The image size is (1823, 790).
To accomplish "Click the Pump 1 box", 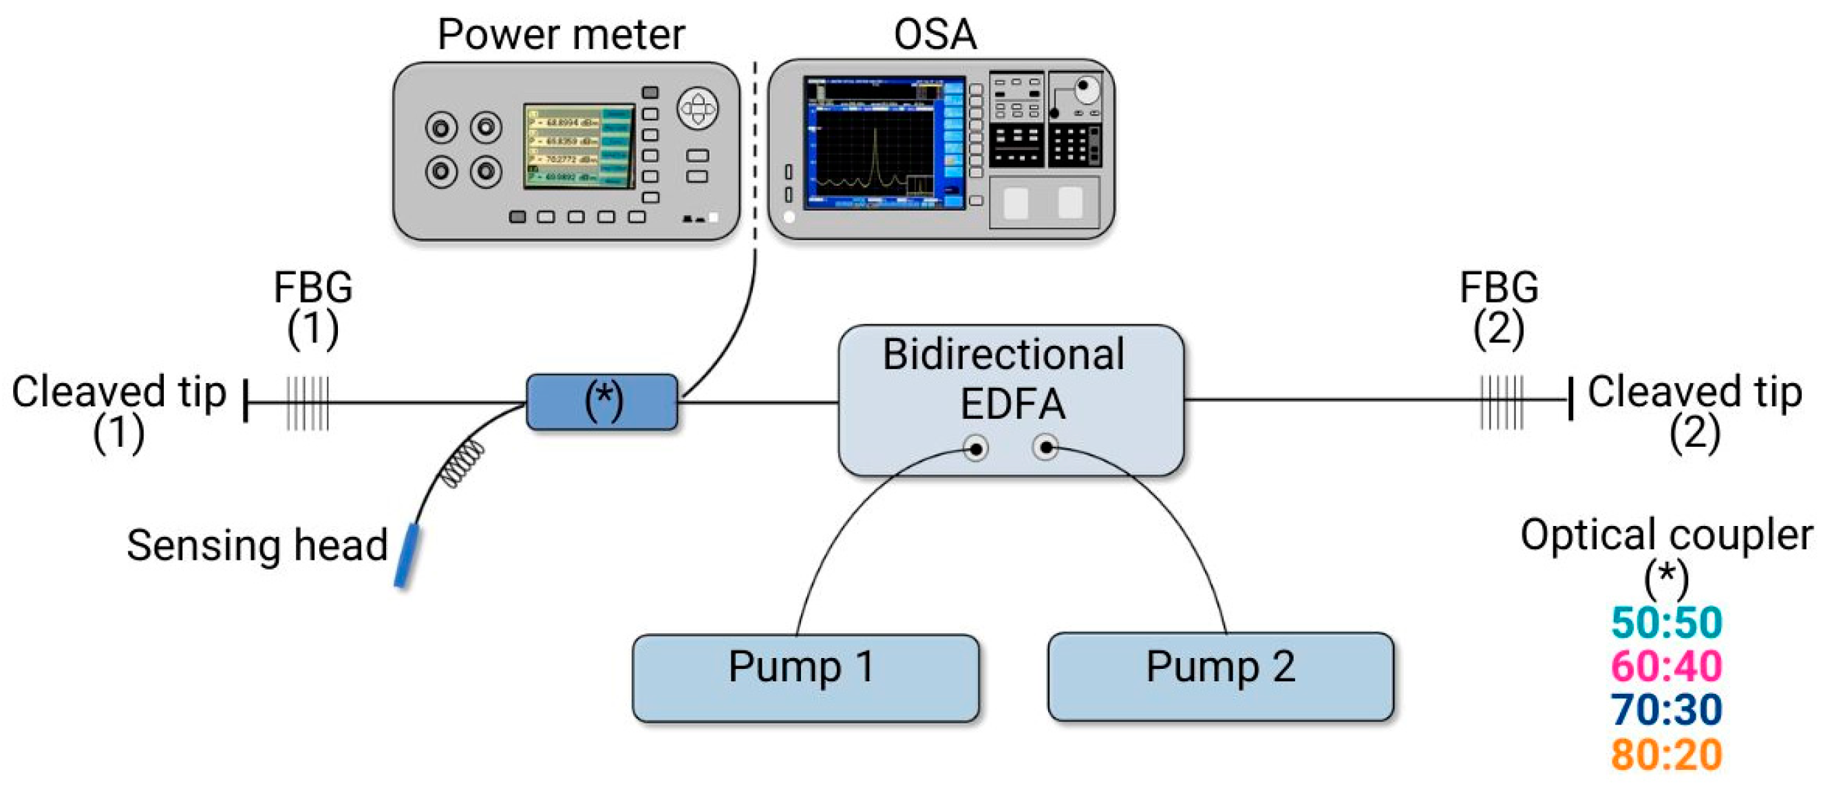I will [805, 677].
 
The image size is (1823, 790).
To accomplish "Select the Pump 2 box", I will [1220, 677].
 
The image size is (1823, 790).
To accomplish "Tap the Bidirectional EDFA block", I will [1010, 399].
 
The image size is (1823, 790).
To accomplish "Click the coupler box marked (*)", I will [602, 402].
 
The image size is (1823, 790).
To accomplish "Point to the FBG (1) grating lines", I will [308, 403].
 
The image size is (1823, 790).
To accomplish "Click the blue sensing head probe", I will [407, 555].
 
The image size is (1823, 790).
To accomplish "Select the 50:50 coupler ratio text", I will [1666, 622].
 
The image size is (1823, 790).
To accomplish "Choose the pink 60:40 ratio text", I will [1666, 666].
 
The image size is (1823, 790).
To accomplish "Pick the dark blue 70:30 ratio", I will [1666, 710].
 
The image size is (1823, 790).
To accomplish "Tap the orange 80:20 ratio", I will [1666, 754].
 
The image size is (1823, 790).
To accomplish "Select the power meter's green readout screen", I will [578, 146].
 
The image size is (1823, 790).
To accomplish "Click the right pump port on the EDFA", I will [1045, 447].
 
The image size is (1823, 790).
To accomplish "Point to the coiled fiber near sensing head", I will [463, 463].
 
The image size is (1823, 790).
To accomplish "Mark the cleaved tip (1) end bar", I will [246, 401].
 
